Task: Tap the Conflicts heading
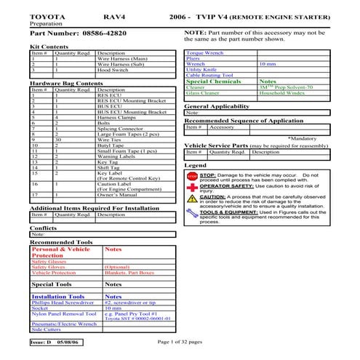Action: [x=44, y=228]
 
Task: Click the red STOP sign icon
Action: [x=192, y=176]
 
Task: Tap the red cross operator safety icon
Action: [x=192, y=188]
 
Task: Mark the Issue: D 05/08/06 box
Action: [x=57, y=342]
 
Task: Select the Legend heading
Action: [x=196, y=166]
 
